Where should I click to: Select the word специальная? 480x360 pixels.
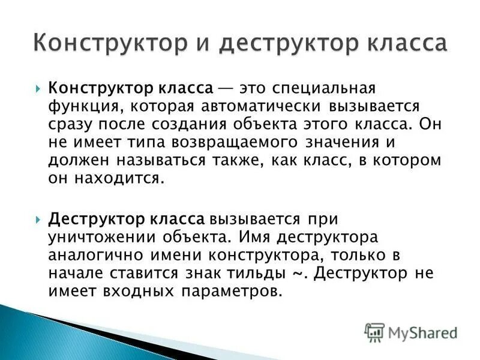(x=325, y=89)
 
